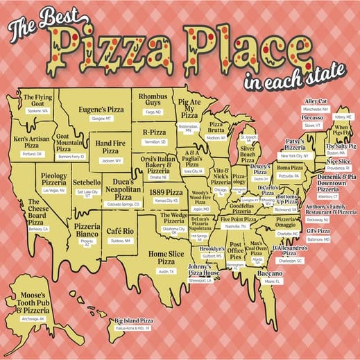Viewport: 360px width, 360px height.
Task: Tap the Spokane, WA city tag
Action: tap(37, 111)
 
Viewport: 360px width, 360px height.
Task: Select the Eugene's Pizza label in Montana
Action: tap(104, 110)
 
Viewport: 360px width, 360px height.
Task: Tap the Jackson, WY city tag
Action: tap(108, 161)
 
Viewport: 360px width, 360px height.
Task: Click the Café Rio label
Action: tap(120, 230)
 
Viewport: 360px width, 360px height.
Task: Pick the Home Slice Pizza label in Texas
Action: tap(166, 258)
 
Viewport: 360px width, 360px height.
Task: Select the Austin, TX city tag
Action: tap(166, 271)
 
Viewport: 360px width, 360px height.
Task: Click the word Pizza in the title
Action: tap(114, 47)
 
